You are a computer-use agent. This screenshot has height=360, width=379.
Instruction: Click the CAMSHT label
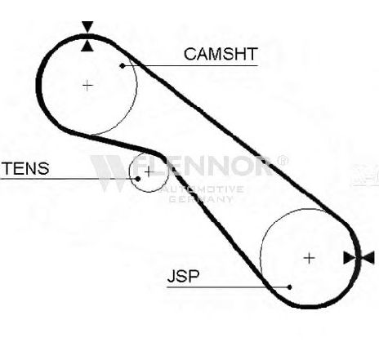(221, 54)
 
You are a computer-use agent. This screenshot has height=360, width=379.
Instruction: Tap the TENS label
(26, 168)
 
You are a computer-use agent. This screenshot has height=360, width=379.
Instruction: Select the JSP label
(183, 276)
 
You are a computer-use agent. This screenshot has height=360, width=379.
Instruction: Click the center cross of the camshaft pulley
(87, 86)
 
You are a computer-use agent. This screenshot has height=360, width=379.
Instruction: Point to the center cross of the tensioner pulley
(149, 172)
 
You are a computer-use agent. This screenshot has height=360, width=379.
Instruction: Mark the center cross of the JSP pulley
(309, 258)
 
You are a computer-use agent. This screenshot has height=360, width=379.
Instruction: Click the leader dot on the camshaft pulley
(123, 65)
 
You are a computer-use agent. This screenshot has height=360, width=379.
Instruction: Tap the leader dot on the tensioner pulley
(138, 179)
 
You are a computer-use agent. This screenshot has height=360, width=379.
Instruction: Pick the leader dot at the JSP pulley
(289, 287)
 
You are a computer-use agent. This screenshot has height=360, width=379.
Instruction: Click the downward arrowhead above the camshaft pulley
(87, 26)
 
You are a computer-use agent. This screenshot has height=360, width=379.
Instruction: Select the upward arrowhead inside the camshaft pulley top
(87, 46)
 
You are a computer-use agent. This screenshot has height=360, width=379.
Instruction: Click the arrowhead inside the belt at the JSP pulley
(350, 258)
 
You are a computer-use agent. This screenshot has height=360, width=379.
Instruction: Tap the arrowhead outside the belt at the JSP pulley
(368, 258)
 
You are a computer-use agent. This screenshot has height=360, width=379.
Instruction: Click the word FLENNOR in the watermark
(203, 166)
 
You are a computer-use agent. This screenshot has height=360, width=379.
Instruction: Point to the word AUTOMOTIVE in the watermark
(203, 189)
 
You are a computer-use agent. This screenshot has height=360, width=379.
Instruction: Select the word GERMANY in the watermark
(201, 199)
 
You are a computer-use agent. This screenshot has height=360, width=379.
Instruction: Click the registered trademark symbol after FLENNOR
(282, 161)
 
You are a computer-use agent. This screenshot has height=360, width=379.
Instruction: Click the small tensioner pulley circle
(130, 172)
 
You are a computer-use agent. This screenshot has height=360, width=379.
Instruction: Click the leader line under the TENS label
(69, 179)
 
